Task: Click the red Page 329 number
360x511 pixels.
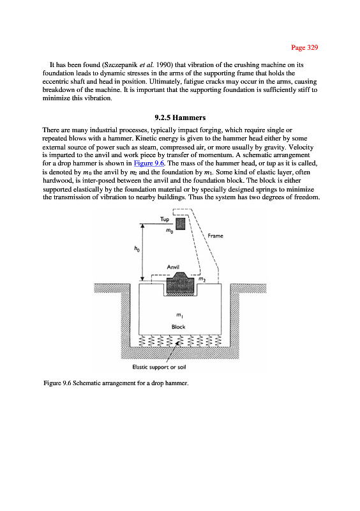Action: pos(304,47)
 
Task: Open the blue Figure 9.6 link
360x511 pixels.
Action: pos(149,163)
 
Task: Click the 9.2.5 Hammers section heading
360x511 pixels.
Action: pos(180,118)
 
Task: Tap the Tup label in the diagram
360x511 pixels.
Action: pos(165,219)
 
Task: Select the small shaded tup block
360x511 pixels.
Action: pos(181,224)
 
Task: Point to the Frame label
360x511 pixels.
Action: pos(215,236)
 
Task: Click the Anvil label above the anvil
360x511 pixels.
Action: pos(173,267)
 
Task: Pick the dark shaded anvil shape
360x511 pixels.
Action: pos(181,282)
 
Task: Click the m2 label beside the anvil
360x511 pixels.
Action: pos(202,279)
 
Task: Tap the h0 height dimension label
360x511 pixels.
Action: pos(137,249)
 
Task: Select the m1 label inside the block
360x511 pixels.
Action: pos(179,315)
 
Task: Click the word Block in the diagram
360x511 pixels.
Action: pos(178,327)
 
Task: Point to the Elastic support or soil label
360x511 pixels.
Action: pos(159,367)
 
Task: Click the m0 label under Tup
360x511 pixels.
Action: pos(169,231)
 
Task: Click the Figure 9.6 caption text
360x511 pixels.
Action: pos(116,383)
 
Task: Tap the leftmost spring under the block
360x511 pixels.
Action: pos(142,341)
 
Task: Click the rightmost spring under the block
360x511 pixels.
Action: pos(218,341)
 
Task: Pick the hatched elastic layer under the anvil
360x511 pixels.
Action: pos(181,294)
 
